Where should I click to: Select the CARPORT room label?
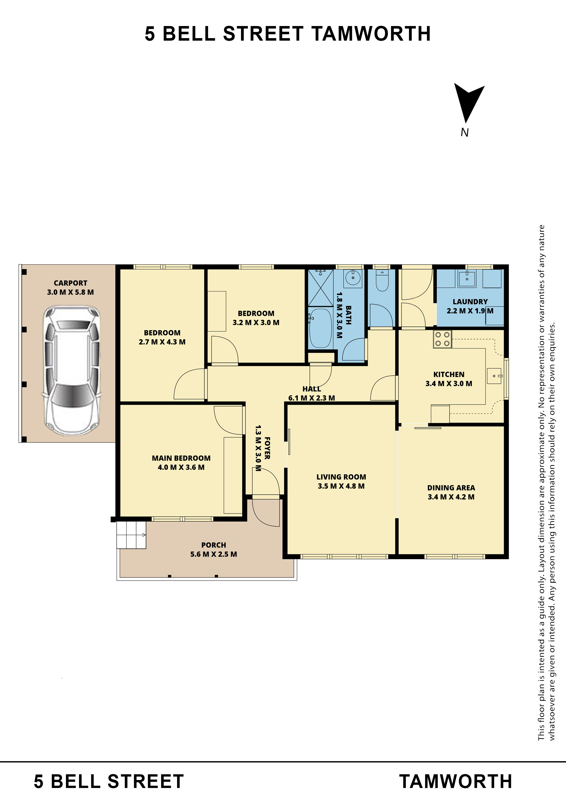pos(71,283)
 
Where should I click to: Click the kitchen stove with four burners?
pos(442,339)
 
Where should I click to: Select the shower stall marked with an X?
pos(320,288)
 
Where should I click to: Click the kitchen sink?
pos(494,376)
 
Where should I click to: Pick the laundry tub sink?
pos(467,278)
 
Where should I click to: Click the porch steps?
pos(131,535)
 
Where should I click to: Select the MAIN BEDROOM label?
pos(181,458)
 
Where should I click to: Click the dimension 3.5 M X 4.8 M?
pos(341,486)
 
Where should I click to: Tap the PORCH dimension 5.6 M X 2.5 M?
pos(213,554)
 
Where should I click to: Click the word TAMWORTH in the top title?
pos(371,34)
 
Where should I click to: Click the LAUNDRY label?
pos(470,301)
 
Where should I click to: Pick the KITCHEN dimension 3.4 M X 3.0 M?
pos(449,383)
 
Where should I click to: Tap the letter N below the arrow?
pos(464,133)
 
